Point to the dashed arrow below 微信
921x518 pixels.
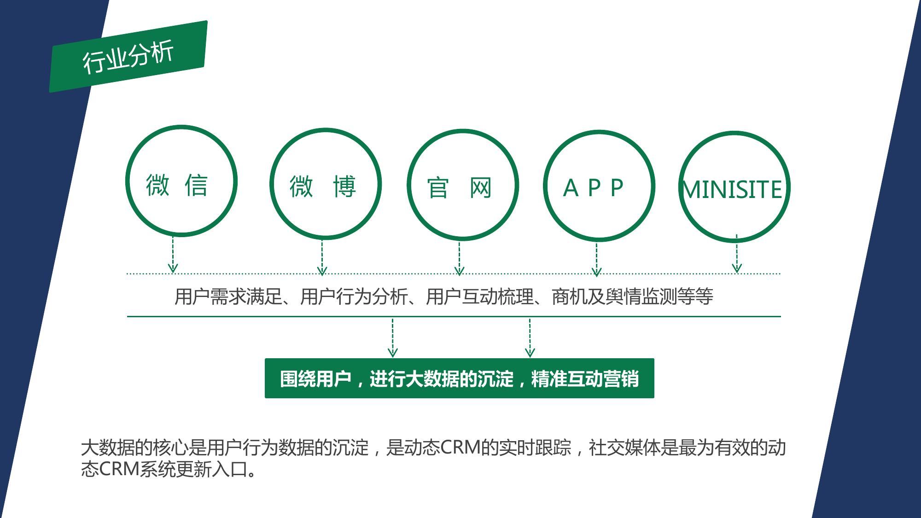[173, 255]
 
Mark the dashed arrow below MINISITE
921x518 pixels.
[737, 254]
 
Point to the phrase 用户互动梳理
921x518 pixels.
[479, 297]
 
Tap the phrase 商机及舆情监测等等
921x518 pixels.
[632, 297]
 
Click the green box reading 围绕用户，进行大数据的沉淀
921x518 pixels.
[460, 378]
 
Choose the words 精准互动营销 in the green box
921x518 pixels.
[585, 379]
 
